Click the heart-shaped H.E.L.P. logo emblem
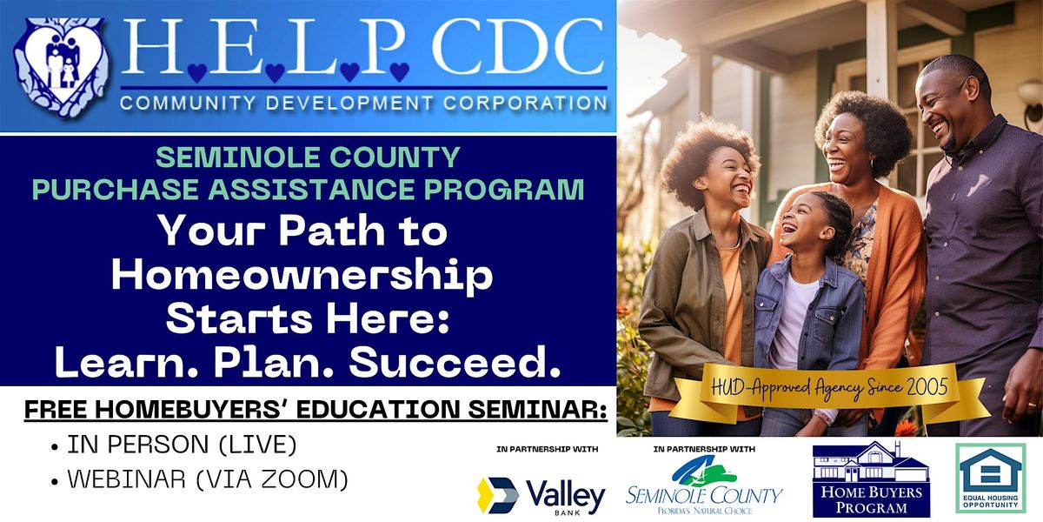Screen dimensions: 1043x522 (62, 67)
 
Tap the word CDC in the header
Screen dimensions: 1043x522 (518, 47)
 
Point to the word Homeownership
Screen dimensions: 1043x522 (302, 276)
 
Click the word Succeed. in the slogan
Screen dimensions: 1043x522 (455, 364)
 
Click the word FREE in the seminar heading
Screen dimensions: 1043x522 (56, 410)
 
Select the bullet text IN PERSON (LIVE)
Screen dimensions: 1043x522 (182, 445)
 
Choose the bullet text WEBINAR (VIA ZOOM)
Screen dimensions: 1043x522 (208, 479)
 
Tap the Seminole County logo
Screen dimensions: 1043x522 (704, 485)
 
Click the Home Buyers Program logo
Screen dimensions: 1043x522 (871, 480)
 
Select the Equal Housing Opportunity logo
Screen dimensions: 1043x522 (990, 478)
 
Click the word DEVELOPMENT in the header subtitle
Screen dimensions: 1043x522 (349, 103)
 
